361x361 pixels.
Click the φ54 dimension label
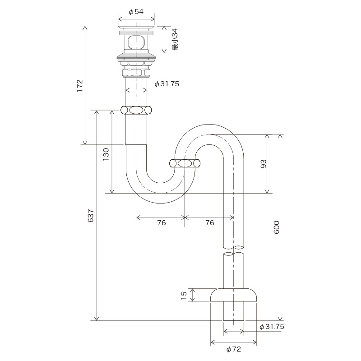136,12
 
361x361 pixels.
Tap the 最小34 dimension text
175,39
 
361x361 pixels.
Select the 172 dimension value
80,86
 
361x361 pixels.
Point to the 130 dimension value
106,154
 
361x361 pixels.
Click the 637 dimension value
91,216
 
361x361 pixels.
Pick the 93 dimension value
264,164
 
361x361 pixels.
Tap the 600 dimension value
277,227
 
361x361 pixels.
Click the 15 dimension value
184,295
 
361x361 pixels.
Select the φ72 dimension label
233,349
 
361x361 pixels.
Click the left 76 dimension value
162,222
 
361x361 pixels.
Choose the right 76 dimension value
209,222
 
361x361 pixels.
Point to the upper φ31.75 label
167,84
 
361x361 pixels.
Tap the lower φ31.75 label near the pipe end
272,326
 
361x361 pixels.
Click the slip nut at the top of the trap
136,110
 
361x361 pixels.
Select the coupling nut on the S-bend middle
185,163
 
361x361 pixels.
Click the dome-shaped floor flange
233,295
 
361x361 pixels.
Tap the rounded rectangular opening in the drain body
136,42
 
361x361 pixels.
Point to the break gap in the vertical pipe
233,251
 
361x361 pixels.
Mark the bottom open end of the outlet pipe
233,320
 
